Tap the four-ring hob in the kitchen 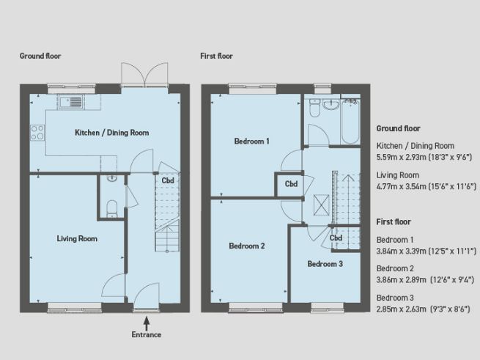(37, 133)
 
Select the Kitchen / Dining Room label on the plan (112, 133)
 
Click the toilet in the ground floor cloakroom (111, 208)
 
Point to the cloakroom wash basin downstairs (111, 177)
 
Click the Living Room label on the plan (77, 238)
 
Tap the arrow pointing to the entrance (147, 320)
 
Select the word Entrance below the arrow (147, 334)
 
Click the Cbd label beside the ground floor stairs (168, 180)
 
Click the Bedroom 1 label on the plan (251, 141)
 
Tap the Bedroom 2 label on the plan (246, 246)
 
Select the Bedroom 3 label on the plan (325, 263)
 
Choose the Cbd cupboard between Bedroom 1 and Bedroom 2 (291, 184)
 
